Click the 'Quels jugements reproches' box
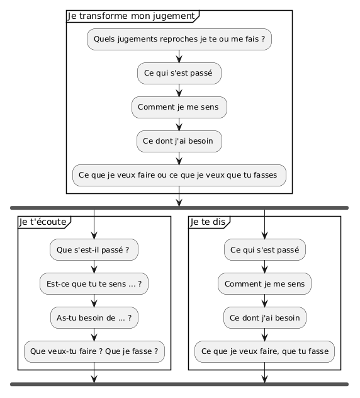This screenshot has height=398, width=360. pyautogui.click(x=179, y=39)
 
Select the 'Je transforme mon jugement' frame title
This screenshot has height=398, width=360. pyautogui.click(x=131, y=16)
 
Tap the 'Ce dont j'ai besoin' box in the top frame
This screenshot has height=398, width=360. pyautogui.click(x=179, y=142)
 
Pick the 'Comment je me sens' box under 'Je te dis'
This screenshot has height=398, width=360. pyautogui.click(x=264, y=284)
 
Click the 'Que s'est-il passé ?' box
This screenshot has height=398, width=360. pyautogui.click(x=94, y=250)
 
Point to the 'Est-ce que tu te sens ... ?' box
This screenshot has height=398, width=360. pyautogui.click(x=94, y=284)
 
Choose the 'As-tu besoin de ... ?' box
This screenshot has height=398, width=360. pyautogui.click(x=94, y=318)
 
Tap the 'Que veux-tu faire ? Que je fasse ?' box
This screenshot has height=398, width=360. pyautogui.click(x=94, y=352)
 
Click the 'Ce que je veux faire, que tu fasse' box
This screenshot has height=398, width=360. pyautogui.click(x=264, y=352)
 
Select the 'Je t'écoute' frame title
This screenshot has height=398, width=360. pyautogui.click(x=43, y=222)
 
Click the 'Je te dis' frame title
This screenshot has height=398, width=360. pyautogui.click(x=208, y=222)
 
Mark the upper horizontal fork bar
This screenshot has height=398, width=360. pyautogui.click(x=179, y=208)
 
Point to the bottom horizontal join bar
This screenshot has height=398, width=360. pyautogui.click(x=179, y=384)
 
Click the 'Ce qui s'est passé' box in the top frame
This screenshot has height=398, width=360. pyautogui.click(x=179, y=73)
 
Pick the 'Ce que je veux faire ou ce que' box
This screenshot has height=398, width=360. pyautogui.click(x=179, y=176)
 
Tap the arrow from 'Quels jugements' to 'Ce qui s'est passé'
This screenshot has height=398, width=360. pyautogui.click(x=179, y=56)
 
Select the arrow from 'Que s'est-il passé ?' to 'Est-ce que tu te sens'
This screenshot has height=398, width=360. pyautogui.click(x=94, y=267)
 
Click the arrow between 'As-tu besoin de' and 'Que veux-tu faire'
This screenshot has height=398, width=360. pyautogui.click(x=94, y=335)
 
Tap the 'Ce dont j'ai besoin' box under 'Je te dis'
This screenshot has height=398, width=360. pyautogui.click(x=264, y=318)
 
